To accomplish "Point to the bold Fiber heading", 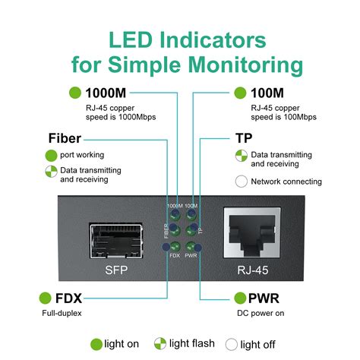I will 65,138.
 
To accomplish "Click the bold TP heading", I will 242,138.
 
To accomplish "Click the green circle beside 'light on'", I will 96,343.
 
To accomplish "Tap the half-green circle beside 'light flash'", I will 160,343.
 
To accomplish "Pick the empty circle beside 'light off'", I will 232,343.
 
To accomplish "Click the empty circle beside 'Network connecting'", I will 242,182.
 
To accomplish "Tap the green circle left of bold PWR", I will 241,297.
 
